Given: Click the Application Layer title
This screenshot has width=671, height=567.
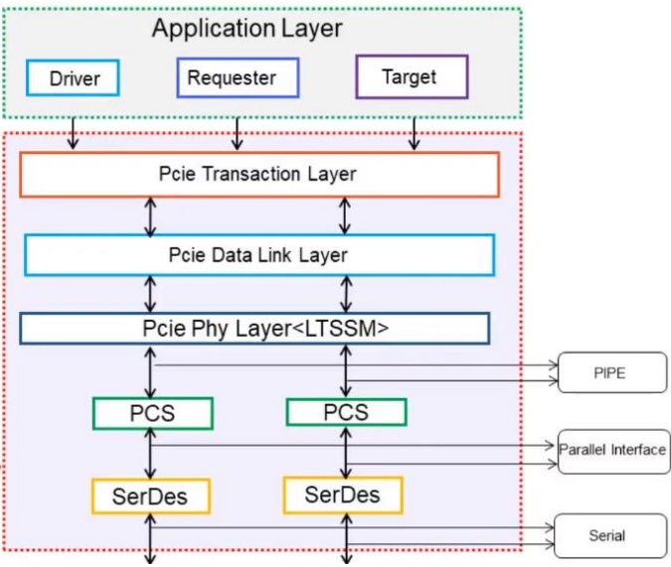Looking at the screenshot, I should click(247, 29).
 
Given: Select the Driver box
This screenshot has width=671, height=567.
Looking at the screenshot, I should click(72, 78).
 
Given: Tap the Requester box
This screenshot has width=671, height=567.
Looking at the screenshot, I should click(238, 77).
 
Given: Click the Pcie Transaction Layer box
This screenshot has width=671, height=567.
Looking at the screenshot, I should click(258, 175).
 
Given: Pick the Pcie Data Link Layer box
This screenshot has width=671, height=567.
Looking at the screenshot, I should click(258, 255).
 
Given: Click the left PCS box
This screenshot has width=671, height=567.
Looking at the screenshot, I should click(152, 413).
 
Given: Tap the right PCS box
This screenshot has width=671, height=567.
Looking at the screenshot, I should click(345, 412).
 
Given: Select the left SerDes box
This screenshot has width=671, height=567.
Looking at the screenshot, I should click(151, 496).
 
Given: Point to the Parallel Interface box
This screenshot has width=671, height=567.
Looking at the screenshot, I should click(611, 450).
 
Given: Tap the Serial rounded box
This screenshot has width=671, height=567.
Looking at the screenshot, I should click(606, 535).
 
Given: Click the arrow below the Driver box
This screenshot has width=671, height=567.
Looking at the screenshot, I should click(72, 135).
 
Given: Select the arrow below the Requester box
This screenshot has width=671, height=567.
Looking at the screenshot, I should click(237, 135).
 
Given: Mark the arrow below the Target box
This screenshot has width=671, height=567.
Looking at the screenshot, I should click(414, 135).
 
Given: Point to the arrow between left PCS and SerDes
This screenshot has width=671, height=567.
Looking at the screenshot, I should click(151, 455).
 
